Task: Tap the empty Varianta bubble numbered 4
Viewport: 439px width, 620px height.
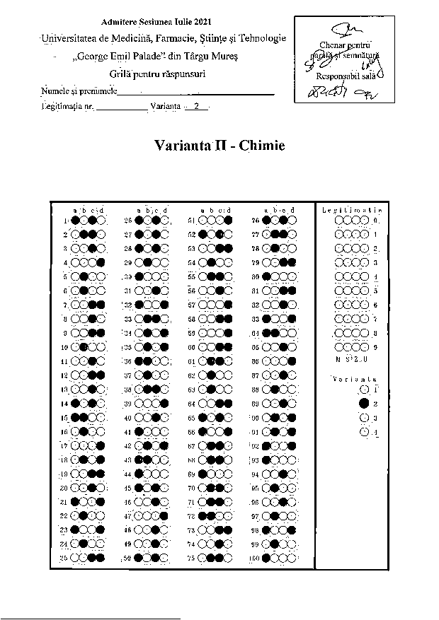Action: (364, 431)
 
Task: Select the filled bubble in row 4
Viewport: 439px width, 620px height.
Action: (102, 262)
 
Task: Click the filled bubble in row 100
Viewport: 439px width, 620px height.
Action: (266, 558)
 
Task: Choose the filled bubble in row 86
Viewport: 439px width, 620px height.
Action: (292, 361)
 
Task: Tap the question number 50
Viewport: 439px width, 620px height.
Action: (127, 558)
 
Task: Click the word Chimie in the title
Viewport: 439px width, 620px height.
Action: (262, 146)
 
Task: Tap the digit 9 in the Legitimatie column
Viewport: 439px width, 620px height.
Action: (375, 347)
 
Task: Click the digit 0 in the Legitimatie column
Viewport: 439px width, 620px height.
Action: (375, 221)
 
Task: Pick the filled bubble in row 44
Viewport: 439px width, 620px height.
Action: (139, 474)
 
